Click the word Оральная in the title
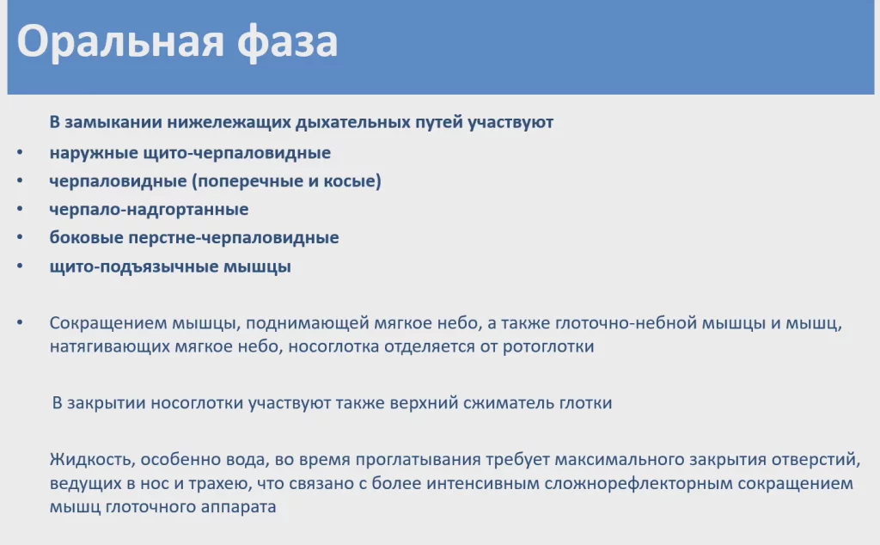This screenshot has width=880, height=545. pyautogui.click(x=120, y=41)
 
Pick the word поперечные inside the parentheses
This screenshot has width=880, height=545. pyautogui.click(x=245, y=181)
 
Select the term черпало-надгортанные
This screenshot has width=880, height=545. pyautogui.click(x=149, y=210)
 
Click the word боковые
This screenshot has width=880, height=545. pyautogui.click(x=87, y=237)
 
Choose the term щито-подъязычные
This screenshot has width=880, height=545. pyautogui.click(x=134, y=266)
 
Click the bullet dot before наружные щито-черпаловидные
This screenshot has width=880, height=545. pyautogui.click(x=21, y=152)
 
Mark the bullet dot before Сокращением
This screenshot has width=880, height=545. pyautogui.click(x=21, y=322)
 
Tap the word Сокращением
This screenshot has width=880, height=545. pyautogui.click(x=107, y=324)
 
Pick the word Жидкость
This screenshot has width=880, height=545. pyautogui.click(x=92, y=460)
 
